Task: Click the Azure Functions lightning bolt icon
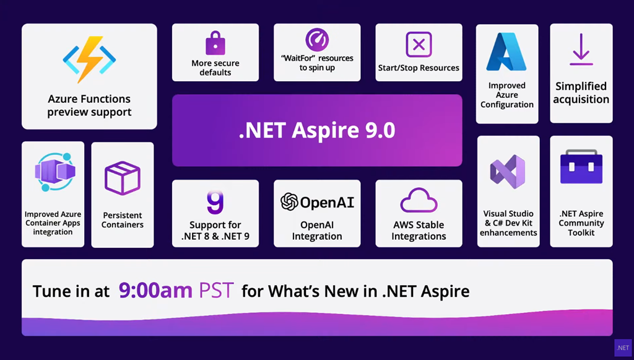pos(89,59)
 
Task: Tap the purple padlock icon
pos(215,43)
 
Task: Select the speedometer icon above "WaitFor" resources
pos(317,40)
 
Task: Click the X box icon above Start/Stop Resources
pos(419,45)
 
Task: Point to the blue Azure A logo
pos(506,52)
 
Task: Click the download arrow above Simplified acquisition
pos(581,50)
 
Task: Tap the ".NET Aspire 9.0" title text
pos(317,130)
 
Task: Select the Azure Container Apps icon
pos(54,172)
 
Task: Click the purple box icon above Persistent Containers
pos(123,178)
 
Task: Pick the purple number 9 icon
pos(215,202)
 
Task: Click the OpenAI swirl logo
pos(290,202)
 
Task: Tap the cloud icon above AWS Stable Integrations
pos(419,200)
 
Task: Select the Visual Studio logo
pos(508,172)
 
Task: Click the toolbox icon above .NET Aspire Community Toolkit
pos(581,167)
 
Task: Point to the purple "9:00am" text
pos(155,291)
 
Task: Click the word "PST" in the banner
pos(216,291)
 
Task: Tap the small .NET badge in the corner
pos(623,348)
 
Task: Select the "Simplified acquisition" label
pos(581,92)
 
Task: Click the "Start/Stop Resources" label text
pos(419,68)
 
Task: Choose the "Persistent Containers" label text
pos(122,220)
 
